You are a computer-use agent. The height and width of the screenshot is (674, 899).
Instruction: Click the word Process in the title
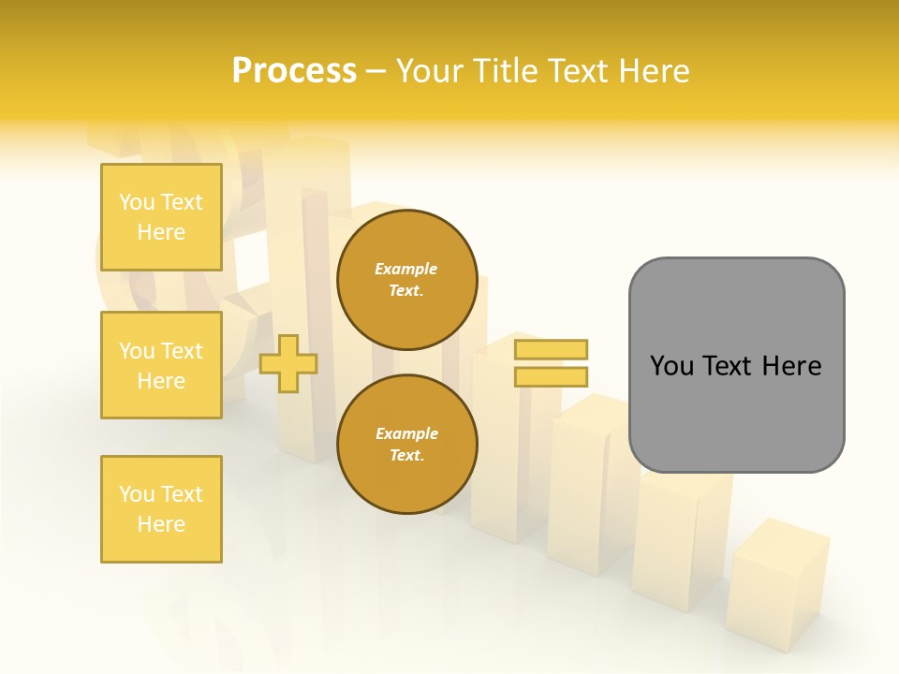click(294, 70)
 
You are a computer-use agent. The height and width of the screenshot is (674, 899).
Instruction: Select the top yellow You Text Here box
click(161, 217)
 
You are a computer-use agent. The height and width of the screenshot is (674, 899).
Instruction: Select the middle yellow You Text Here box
click(161, 365)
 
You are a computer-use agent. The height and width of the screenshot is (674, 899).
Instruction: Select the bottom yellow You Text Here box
click(161, 509)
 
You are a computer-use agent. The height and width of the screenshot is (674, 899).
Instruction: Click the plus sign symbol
click(288, 364)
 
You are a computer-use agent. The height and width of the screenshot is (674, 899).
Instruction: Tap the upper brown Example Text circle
click(406, 280)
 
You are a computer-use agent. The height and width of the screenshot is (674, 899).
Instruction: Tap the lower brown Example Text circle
click(406, 445)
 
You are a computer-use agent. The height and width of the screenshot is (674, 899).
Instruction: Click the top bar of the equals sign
click(551, 349)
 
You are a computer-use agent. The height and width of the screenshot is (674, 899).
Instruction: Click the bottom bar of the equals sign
click(551, 377)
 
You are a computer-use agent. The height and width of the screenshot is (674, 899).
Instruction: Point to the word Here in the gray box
click(791, 365)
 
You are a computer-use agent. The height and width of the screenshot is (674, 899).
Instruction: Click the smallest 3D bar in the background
click(777, 585)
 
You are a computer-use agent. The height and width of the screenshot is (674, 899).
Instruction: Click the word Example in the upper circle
click(406, 269)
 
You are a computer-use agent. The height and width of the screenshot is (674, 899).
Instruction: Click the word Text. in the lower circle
click(406, 456)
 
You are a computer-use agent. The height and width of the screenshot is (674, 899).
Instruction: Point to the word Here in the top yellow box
click(161, 232)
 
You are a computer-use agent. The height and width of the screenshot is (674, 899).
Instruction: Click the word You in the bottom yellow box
click(137, 494)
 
